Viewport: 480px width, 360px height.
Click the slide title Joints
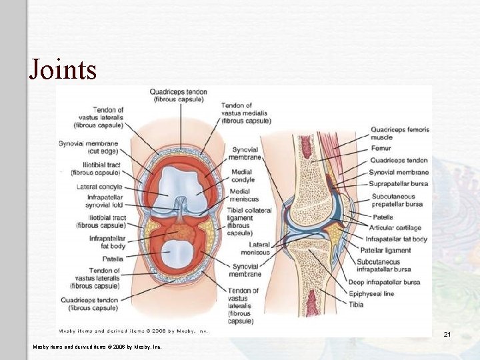[x=63, y=69]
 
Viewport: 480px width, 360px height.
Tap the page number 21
[x=447, y=334]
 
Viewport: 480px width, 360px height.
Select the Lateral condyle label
[x=99, y=187]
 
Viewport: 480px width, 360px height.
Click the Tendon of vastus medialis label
[x=245, y=113]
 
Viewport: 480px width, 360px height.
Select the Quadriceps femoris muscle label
[x=399, y=133]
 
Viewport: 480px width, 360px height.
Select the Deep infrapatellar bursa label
[x=393, y=282]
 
